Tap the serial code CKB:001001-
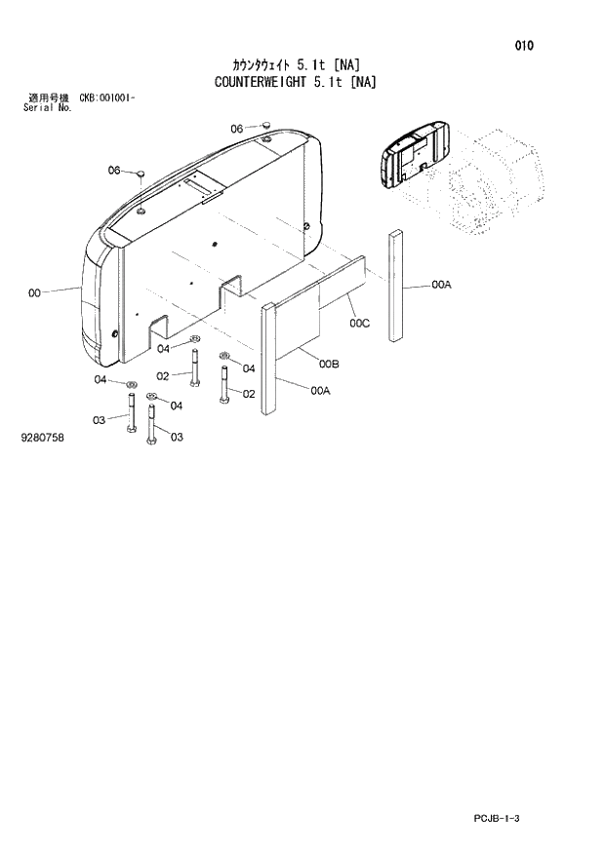point(106,98)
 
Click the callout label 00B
point(329,365)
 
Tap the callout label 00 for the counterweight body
point(35,291)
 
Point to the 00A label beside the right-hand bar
point(441,285)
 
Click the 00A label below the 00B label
point(321,391)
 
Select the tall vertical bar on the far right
point(396,286)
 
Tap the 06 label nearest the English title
point(237,129)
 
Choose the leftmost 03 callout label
point(100,420)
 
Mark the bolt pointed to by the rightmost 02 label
point(225,386)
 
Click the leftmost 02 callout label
point(163,376)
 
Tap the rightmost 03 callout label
point(177,438)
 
